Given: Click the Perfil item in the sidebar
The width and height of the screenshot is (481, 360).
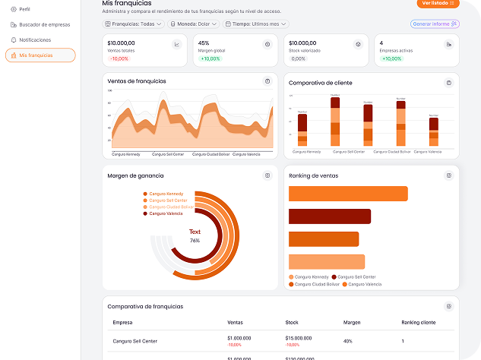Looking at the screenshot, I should pos(30,9).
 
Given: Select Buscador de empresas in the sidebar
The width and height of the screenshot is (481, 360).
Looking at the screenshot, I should pos(44,24).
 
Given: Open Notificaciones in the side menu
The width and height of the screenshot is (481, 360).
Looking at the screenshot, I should pos(35,39).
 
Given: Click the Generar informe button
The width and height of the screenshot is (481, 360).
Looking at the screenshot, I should pos(435,24).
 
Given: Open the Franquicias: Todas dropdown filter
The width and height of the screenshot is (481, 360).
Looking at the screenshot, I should pos(133,24).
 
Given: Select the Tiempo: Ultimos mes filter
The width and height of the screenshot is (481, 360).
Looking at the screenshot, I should pos(255,24).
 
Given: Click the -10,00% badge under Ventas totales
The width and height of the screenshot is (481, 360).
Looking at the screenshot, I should pos(119,58).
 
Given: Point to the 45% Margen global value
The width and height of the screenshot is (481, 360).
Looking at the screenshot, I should pos(204,43).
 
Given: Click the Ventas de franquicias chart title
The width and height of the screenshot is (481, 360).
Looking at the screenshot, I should pos(137,81).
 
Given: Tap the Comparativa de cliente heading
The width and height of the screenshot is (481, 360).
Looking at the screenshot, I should pos(321,82).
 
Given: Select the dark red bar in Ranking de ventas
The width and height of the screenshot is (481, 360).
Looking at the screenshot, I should pos(330,216).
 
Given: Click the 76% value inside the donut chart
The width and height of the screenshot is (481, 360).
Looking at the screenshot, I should pos(195,240).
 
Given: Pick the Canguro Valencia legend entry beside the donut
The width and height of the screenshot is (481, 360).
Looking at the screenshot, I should pos(166,213).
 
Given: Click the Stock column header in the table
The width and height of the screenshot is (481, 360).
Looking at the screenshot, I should pos(292,322).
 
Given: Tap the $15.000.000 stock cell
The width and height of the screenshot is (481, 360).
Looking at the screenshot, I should pos(298,337).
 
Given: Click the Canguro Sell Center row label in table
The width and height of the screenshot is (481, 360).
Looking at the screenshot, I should pos(134,341).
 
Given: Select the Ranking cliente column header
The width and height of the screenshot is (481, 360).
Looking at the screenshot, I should pos(418,322).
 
